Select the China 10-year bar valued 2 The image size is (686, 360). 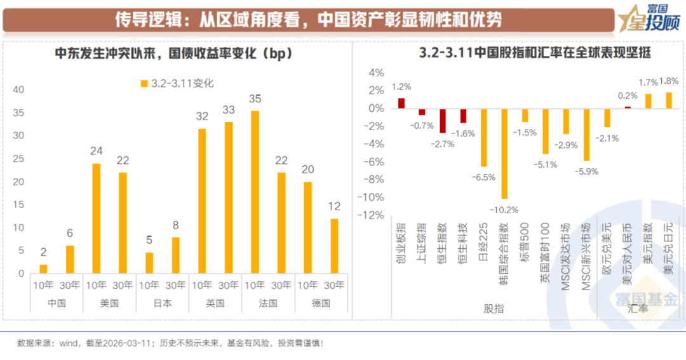click(x=43, y=269)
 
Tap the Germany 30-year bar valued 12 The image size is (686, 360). click(x=334, y=246)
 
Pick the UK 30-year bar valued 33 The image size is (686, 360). click(x=228, y=197)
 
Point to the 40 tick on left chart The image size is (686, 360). click(x=18, y=90)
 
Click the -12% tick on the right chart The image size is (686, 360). click(x=372, y=215)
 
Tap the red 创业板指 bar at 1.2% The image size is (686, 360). click(x=401, y=103)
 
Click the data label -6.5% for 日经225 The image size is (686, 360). click(x=483, y=177)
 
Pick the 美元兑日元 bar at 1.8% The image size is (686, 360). click(x=668, y=100)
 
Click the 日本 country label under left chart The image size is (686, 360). click(x=163, y=303)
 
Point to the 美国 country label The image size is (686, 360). click(x=109, y=303)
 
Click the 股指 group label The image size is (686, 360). click(x=494, y=309)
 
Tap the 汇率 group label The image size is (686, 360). click(x=638, y=309)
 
